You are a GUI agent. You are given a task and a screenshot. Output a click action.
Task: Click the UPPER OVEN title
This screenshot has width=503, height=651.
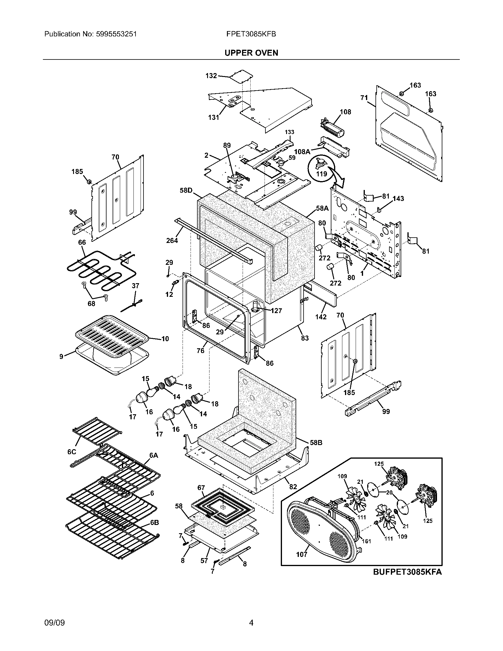pyautogui.click(x=251, y=53)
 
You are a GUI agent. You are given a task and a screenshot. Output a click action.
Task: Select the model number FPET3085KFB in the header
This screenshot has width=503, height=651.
pyautogui.click(x=251, y=34)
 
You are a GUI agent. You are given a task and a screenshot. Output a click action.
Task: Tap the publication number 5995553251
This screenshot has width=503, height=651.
pyautogui.click(x=117, y=34)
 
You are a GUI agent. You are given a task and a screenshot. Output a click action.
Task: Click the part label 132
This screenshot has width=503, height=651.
pyautogui.click(x=211, y=76)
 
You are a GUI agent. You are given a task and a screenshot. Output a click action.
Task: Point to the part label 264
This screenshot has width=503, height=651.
pyautogui.click(x=172, y=240)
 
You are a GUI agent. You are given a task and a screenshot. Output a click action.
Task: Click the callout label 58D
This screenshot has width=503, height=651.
pyautogui.click(x=186, y=190)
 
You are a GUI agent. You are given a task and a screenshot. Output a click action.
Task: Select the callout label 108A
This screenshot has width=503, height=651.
pyautogui.click(x=302, y=152)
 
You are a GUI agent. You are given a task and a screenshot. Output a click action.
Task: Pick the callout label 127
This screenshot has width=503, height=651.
pyautogui.click(x=276, y=311)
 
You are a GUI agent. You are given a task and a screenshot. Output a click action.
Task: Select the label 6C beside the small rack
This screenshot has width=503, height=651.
pyautogui.click(x=72, y=452)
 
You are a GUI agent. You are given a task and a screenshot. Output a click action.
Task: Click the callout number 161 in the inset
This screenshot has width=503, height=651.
pyautogui.click(x=366, y=541)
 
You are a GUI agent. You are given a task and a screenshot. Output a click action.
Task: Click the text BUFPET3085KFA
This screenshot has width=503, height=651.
pyautogui.click(x=407, y=572)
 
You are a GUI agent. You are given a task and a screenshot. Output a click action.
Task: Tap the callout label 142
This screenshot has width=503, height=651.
pyautogui.click(x=321, y=317)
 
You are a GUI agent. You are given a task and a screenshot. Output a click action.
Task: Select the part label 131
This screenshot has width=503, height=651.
pyautogui.click(x=214, y=117)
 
